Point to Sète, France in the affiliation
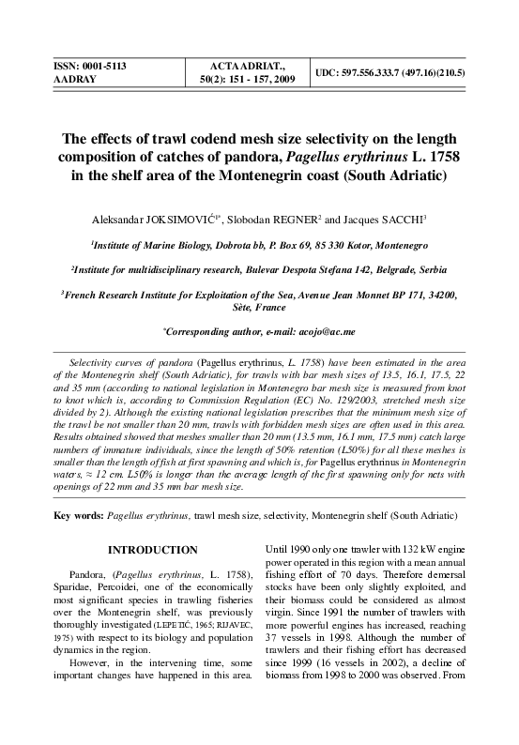(259, 307)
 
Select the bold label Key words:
(80, 516)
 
